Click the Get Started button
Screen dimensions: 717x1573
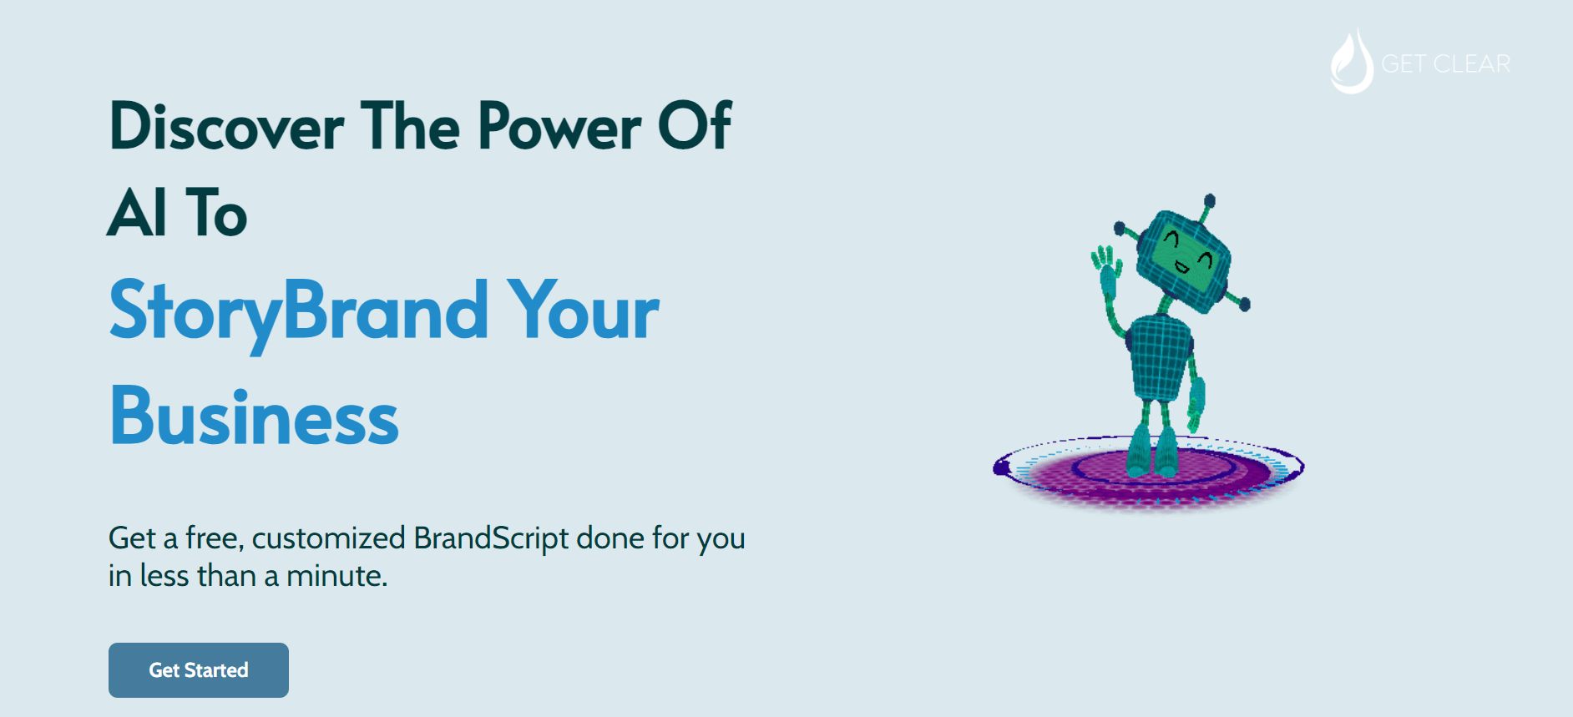coord(199,670)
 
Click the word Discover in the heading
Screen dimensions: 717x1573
coord(225,128)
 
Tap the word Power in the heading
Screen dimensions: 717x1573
coord(559,128)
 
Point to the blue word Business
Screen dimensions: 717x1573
coord(254,417)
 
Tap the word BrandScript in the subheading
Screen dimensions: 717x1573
coord(491,539)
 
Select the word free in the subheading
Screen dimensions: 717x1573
coord(212,538)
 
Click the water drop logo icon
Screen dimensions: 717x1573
coord(1351,63)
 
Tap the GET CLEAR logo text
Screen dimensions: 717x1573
coord(1445,64)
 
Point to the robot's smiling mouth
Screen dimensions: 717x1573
coord(1182,268)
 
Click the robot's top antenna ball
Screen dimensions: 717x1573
coord(1209,201)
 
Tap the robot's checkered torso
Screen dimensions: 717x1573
coord(1160,357)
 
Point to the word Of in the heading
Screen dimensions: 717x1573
coord(695,128)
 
